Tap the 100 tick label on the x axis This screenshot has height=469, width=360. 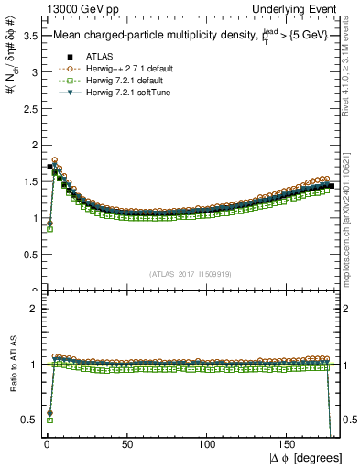tap(208, 446)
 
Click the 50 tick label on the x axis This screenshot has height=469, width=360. tap(127, 446)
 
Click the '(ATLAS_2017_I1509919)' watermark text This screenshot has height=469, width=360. tap(189, 274)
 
